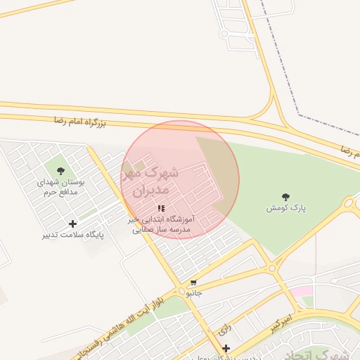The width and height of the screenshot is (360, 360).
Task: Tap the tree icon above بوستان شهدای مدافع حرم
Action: (x=60, y=170)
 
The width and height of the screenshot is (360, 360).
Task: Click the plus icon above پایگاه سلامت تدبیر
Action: (x=73, y=224)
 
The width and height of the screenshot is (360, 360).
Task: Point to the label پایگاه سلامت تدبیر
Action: (x=73, y=235)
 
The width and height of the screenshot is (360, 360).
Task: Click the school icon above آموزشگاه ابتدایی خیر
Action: (x=162, y=209)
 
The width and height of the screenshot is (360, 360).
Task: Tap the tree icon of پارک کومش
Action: (x=285, y=197)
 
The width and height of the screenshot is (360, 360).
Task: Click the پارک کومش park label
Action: (x=285, y=208)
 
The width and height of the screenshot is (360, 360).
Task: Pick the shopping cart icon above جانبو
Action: (x=193, y=282)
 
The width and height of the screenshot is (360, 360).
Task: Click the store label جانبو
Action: (x=193, y=292)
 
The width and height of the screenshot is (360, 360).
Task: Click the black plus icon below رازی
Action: (x=226, y=348)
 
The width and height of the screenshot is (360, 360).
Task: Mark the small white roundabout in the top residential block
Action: (x=224, y=33)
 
